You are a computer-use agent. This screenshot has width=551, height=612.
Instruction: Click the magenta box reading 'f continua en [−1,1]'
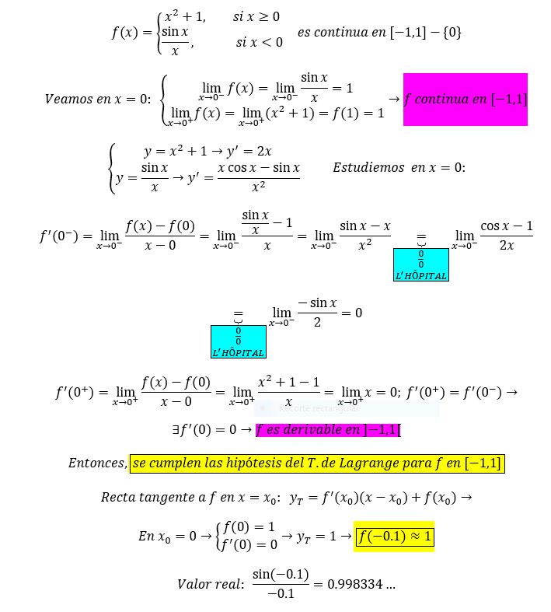466,100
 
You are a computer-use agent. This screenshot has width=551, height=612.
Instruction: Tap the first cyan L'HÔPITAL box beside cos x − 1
421,264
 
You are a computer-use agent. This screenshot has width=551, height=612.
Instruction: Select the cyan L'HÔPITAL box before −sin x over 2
239,341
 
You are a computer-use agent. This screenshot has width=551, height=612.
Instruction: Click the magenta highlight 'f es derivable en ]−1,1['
328,430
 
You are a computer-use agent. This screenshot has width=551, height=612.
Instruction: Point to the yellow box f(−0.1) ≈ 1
394,537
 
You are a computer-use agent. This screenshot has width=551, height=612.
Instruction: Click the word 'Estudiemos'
363,167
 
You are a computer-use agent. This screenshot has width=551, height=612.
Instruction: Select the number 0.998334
355,584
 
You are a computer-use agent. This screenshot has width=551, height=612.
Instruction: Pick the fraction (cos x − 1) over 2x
507,236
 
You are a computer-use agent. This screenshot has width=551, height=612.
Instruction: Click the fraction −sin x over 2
317,313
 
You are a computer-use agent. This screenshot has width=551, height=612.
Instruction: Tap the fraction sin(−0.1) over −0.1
281,584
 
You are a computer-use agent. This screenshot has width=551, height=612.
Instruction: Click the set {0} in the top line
452,32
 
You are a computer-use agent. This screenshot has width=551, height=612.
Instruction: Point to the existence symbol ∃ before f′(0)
176,430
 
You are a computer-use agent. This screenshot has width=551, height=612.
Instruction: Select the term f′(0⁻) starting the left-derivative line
59,236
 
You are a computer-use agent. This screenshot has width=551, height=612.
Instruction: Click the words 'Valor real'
211,584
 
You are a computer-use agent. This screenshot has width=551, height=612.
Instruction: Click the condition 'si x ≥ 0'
256,17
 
